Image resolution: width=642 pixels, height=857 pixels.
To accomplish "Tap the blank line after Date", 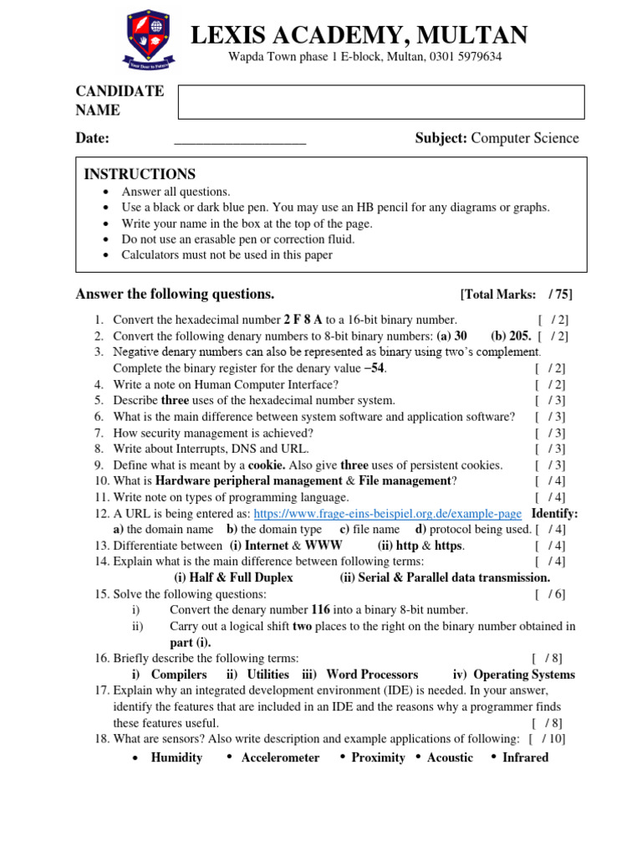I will tap(240, 139).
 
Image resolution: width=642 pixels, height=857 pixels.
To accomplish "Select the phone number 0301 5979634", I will tap(466, 57).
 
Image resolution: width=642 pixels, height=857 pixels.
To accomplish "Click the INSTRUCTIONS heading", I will tap(140, 174).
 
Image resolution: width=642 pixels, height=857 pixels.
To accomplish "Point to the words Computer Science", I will tap(525, 139).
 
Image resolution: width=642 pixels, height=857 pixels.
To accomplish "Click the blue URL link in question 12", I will tap(388, 513).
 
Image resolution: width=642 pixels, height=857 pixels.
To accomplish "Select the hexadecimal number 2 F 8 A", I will tap(303, 320).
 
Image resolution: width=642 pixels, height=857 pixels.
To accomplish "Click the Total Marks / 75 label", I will tap(516, 295).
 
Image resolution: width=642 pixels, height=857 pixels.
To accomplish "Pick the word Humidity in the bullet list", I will tap(176, 757).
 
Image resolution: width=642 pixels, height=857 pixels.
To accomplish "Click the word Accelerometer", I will tap(280, 757).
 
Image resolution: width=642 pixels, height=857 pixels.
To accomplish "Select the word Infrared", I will tap(525, 757).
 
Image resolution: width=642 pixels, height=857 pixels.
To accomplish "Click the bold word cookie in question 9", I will tap(267, 465).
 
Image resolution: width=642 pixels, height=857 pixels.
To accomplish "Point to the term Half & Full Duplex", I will tap(233, 577).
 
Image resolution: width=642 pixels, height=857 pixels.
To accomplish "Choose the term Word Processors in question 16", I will tap(372, 675).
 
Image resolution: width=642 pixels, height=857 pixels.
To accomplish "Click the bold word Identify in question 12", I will tap(554, 513).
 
